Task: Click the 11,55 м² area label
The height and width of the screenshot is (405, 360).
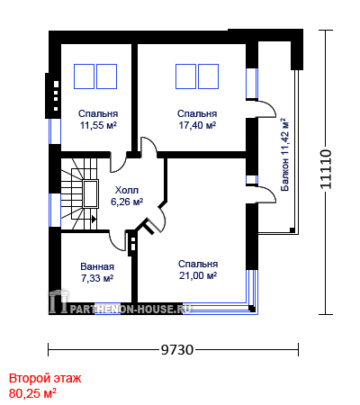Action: coord(98,125)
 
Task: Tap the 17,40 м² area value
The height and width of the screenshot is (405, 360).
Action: coord(197,125)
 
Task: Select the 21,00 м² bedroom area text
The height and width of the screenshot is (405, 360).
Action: coord(198,275)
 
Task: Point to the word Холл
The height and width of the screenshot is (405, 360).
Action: coord(127,190)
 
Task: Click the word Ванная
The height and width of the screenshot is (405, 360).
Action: coord(97,266)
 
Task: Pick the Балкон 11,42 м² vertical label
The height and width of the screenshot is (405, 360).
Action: coord(284,155)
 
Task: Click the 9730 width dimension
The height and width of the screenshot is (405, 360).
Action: coord(177,350)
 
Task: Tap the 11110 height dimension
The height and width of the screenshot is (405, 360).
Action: coord(326,169)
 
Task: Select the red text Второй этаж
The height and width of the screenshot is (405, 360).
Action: coord(45,378)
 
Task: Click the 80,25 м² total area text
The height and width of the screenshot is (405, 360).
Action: coord(32,393)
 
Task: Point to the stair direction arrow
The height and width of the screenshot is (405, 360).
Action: coord(94,220)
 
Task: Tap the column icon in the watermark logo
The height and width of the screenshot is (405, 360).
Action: coord(58,301)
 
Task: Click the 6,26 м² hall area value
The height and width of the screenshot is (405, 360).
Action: coord(127,202)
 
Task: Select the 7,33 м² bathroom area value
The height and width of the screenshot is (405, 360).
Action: coord(97,278)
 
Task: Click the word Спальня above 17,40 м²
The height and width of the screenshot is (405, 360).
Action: coord(197,113)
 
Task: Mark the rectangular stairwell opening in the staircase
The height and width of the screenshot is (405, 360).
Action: coord(91,194)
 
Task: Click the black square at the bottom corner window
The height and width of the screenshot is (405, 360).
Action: coord(252,308)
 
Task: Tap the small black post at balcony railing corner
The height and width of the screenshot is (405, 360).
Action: coord(292,230)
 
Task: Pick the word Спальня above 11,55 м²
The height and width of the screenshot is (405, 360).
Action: coord(98,113)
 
